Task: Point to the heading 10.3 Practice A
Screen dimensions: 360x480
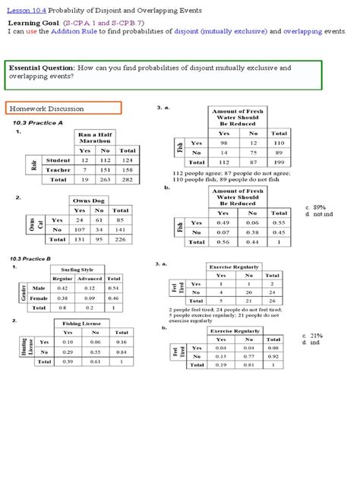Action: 37,122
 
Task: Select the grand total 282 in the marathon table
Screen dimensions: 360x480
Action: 127,180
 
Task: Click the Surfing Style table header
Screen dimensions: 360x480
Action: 77,269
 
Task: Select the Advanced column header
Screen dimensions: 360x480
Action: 94,278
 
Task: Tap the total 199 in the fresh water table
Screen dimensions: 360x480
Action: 279,162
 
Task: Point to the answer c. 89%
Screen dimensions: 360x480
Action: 314,207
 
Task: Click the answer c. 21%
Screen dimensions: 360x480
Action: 312,335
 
